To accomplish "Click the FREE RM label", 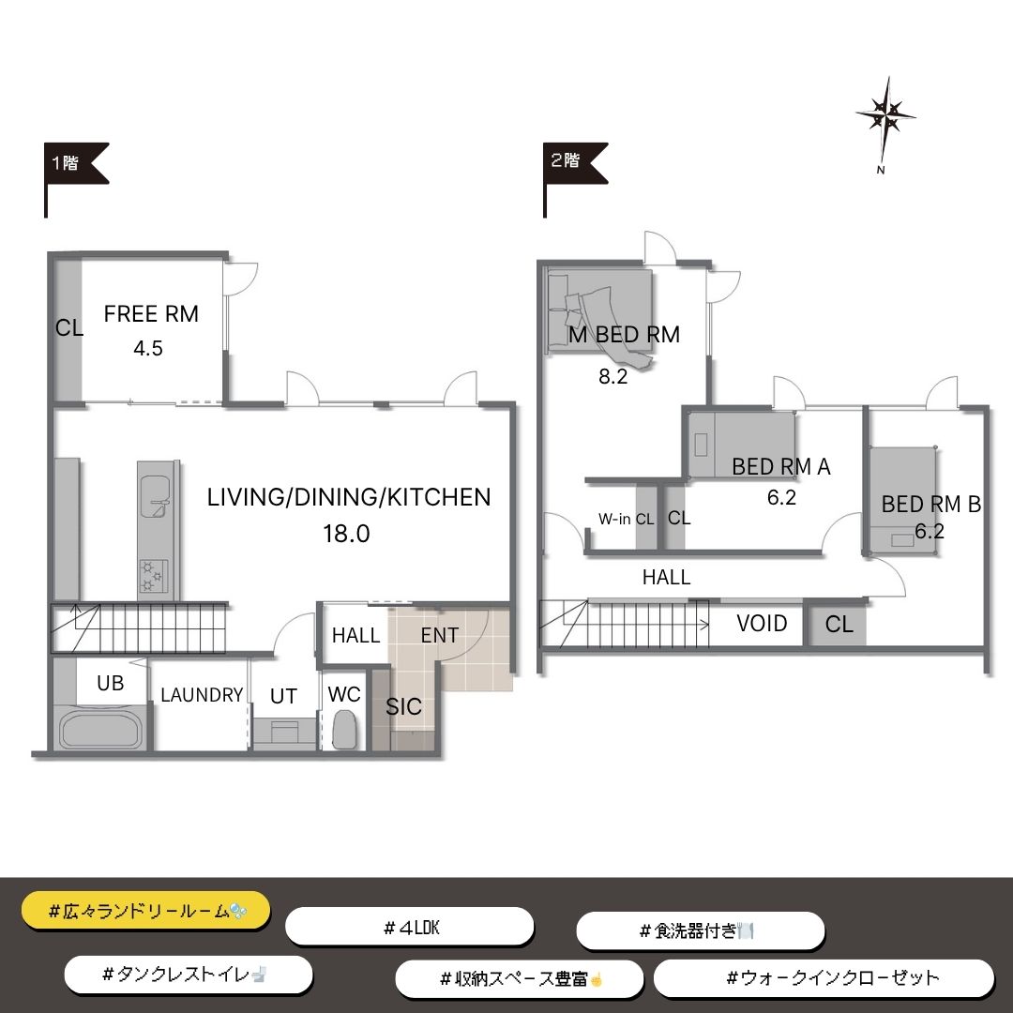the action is click(x=151, y=314).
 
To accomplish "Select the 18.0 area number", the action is click(x=346, y=534).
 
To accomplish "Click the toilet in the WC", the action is click(x=344, y=730).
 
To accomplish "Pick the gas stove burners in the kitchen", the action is click(x=154, y=577).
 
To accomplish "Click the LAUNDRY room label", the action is click(x=202, y=695).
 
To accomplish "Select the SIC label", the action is click(x=403, y=707).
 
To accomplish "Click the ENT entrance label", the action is click(x=439, y=636).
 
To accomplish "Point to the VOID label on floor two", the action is click(x=762, y=624).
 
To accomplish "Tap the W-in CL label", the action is click(x=626, y=519).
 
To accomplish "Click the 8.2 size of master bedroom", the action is click(x=613, y=376).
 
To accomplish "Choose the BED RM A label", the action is click(x=781, y=466).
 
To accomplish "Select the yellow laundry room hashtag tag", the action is click(x=146, y=911).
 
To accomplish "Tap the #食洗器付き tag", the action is click(x=701, y=931).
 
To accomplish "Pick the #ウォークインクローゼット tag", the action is click(x=824, y=977).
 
